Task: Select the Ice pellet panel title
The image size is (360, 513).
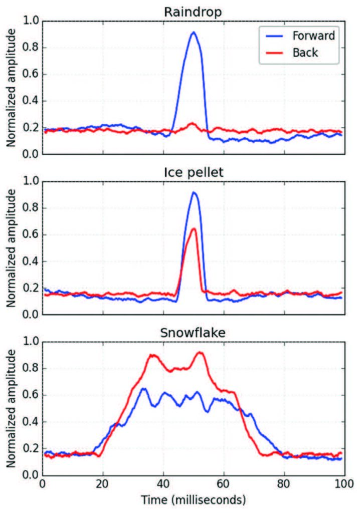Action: [193, 171]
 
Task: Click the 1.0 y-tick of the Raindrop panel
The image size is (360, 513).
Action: [31, 21]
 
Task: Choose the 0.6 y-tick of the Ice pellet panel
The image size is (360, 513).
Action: [31, 234]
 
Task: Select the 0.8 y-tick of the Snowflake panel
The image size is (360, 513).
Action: [31, 368]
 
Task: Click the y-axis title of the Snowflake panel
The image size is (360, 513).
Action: [11, 408]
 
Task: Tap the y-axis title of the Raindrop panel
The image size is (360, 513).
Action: [11, 88]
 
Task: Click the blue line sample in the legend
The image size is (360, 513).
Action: [273, 35]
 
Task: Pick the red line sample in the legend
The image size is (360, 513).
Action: [273, 52]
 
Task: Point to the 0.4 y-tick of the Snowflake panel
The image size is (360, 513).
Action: [31, 422]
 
